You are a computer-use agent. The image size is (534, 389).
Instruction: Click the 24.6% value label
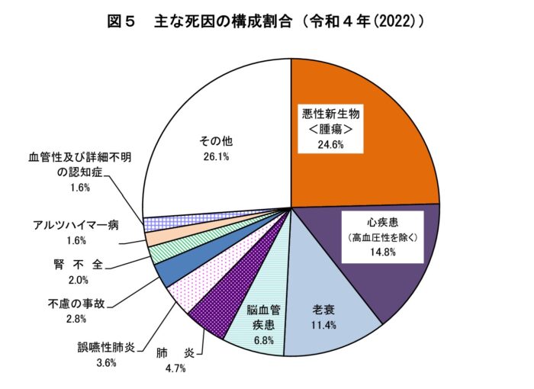point(328,145)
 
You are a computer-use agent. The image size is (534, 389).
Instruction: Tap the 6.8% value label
point(262,340)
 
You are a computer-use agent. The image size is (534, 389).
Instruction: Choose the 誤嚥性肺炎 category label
point(106,348)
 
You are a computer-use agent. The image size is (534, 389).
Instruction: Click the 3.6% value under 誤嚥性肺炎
point(105,363)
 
